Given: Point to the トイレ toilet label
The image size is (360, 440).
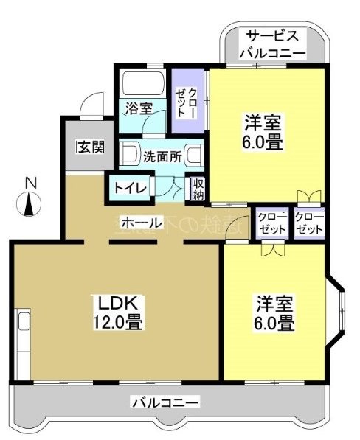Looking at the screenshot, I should (131, 186).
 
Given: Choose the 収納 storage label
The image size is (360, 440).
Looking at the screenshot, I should (198, 188).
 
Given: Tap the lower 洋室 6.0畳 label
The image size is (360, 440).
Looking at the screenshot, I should (276, 313).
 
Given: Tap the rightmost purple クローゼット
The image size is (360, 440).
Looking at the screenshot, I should (309, 224).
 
